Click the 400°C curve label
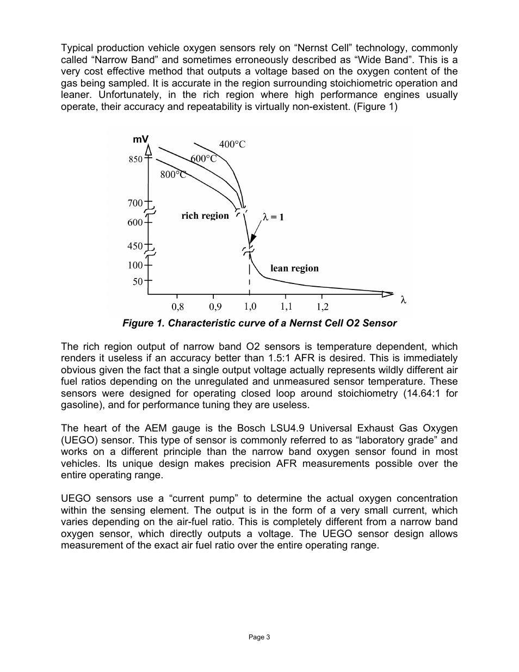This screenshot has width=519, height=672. pos(232,144)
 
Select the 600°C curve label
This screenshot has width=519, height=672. pos(203,158)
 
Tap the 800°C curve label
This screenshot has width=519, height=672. pos(174,175)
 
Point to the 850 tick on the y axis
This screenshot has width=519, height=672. pos(135,159)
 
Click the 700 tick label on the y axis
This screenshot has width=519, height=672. pos(135,204)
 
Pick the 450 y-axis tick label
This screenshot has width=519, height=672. pos(135,246)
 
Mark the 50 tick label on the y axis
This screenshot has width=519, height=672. pos(138,282)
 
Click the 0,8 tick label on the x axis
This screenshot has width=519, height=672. pos(178,307)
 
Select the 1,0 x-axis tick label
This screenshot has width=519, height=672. pos(250,307)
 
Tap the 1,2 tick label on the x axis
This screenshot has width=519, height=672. pos(323,307)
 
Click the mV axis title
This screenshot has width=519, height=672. pos(140,140)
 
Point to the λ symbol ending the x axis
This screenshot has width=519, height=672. pos(403,300)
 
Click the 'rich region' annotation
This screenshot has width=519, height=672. pos(205,216)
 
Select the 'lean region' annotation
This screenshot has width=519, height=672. pos(294,268)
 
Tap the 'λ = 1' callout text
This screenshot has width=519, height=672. pos(273,217)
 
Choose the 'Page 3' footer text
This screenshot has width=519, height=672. pos(259,637)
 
